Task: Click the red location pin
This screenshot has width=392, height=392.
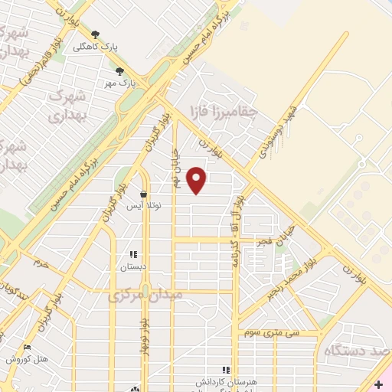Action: tap(198, 181)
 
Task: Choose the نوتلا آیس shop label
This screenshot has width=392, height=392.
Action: tap(144, 207)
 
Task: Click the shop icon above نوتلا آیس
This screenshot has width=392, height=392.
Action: tap(143, 195)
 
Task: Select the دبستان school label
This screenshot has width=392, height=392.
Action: tap(132, 267)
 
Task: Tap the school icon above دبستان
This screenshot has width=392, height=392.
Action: tap(132, 255)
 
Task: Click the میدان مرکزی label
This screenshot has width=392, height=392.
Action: tap(145, 294)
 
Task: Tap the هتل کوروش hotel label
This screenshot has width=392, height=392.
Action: tap(28, 358)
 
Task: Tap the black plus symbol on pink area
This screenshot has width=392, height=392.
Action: tap(379, 384)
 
